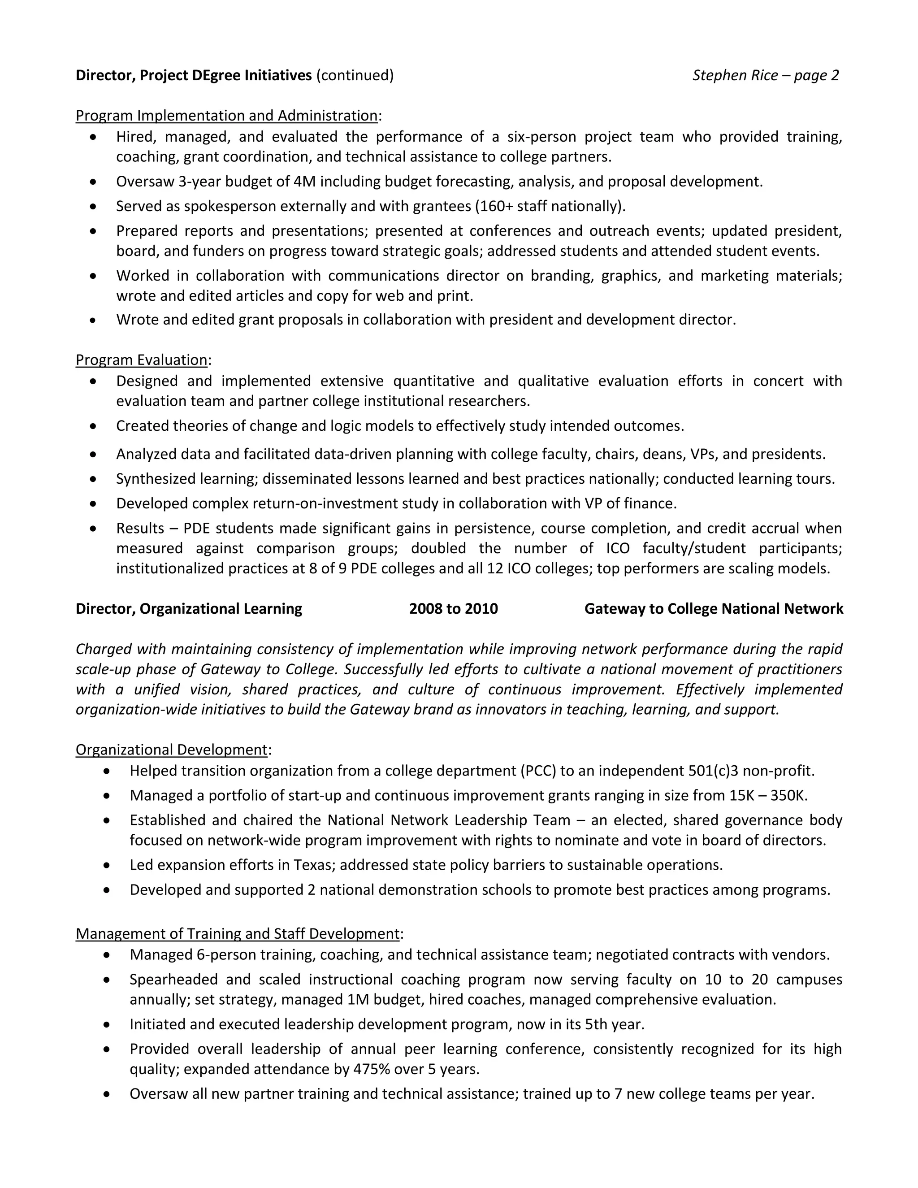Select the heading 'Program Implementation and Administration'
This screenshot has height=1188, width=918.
point(226,115)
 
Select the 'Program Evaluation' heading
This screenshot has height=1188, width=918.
point(141,360)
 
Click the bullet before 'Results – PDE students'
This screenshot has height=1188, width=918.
point(94,528)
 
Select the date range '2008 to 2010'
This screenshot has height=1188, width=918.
point(453,608)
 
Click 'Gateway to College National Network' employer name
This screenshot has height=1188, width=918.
point(714,608)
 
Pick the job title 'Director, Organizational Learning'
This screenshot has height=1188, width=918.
point(189,608)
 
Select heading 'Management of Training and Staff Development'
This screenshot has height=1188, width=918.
point(238,933)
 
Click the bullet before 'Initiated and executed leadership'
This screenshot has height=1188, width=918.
point(107,1025)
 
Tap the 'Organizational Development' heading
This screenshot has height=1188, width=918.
point(171,750)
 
